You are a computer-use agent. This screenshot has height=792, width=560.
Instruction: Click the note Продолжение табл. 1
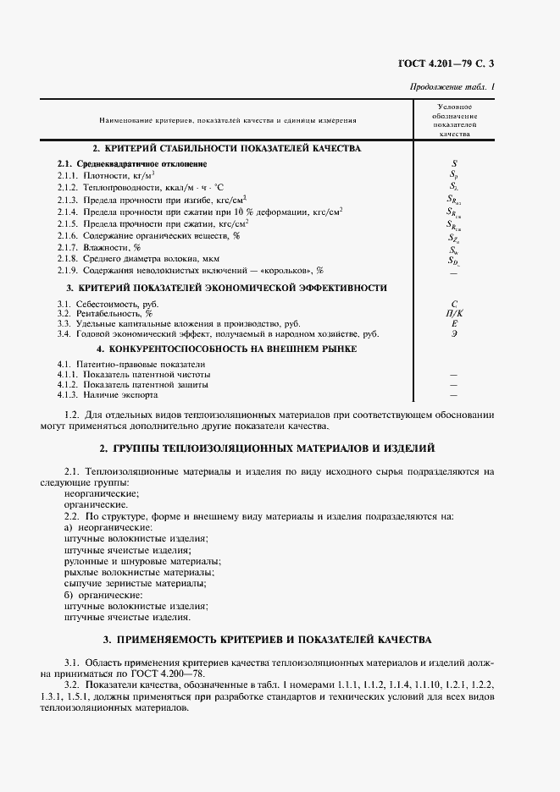pos(452,86)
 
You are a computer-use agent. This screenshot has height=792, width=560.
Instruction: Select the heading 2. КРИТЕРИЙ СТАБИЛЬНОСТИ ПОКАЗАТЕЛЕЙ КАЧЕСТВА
pos(227,148)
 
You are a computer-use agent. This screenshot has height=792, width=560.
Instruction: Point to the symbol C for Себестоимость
pos(454,303)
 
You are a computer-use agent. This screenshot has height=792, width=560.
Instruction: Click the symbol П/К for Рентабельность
pos(454,313)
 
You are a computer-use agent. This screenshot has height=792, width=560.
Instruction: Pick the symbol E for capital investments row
pos(454,323)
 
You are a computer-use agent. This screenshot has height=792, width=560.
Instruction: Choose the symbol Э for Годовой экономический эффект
pos(454,333)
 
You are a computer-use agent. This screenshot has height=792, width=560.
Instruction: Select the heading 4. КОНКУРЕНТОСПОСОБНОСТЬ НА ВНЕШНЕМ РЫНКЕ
pos(226,348)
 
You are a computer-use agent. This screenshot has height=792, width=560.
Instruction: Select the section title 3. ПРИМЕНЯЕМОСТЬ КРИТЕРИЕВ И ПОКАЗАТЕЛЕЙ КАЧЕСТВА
pos(268,639)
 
